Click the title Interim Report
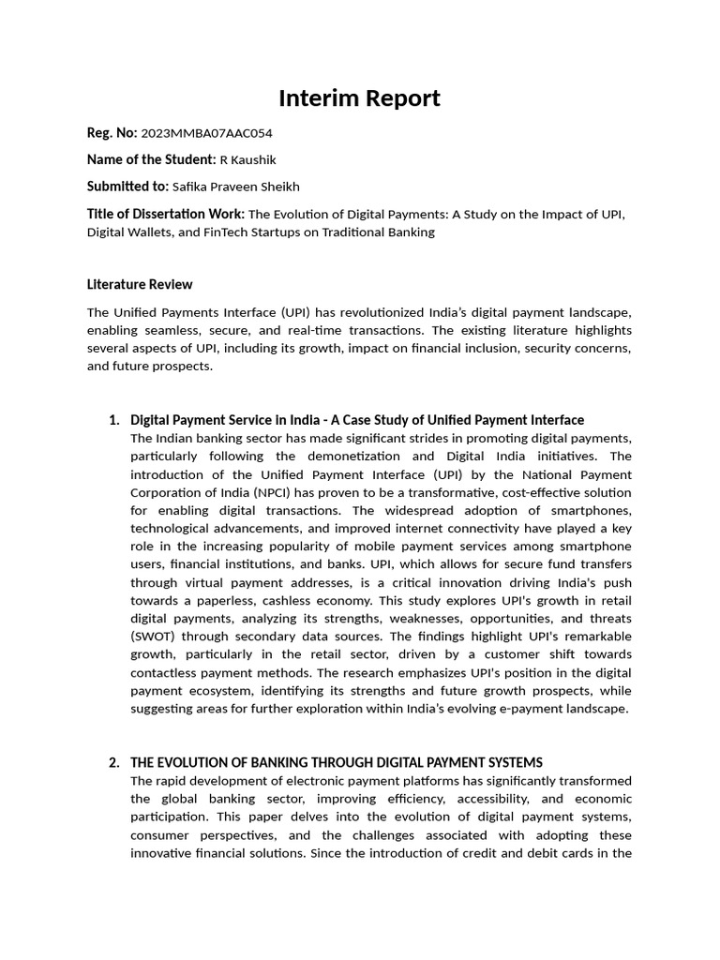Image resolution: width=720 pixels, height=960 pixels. click(x=359, y=98)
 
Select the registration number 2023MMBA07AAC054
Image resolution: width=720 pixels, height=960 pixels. click(x=206, y=133)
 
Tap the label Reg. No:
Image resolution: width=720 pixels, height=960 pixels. click(x=112, y=133)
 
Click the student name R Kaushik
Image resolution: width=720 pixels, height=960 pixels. click(x=247, y=159)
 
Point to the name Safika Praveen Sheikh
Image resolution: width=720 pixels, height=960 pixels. click(x=236, y=187)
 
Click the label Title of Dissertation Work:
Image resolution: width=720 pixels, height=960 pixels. click(x=166, y=214)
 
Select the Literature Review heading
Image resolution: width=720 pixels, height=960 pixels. click(x=140, y=284)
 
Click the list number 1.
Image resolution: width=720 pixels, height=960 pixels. click(x=114, y=420)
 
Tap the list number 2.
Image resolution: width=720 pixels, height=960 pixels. click(x=114, y=762)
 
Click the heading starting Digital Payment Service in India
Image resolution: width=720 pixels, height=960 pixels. click(x=356, y=420)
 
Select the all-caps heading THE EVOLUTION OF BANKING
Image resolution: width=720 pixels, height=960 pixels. click(x=336, y=762)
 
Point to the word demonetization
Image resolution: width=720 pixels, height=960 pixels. click(x=351, y=457)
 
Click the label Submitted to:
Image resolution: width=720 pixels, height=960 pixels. click(x=127, y=187)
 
